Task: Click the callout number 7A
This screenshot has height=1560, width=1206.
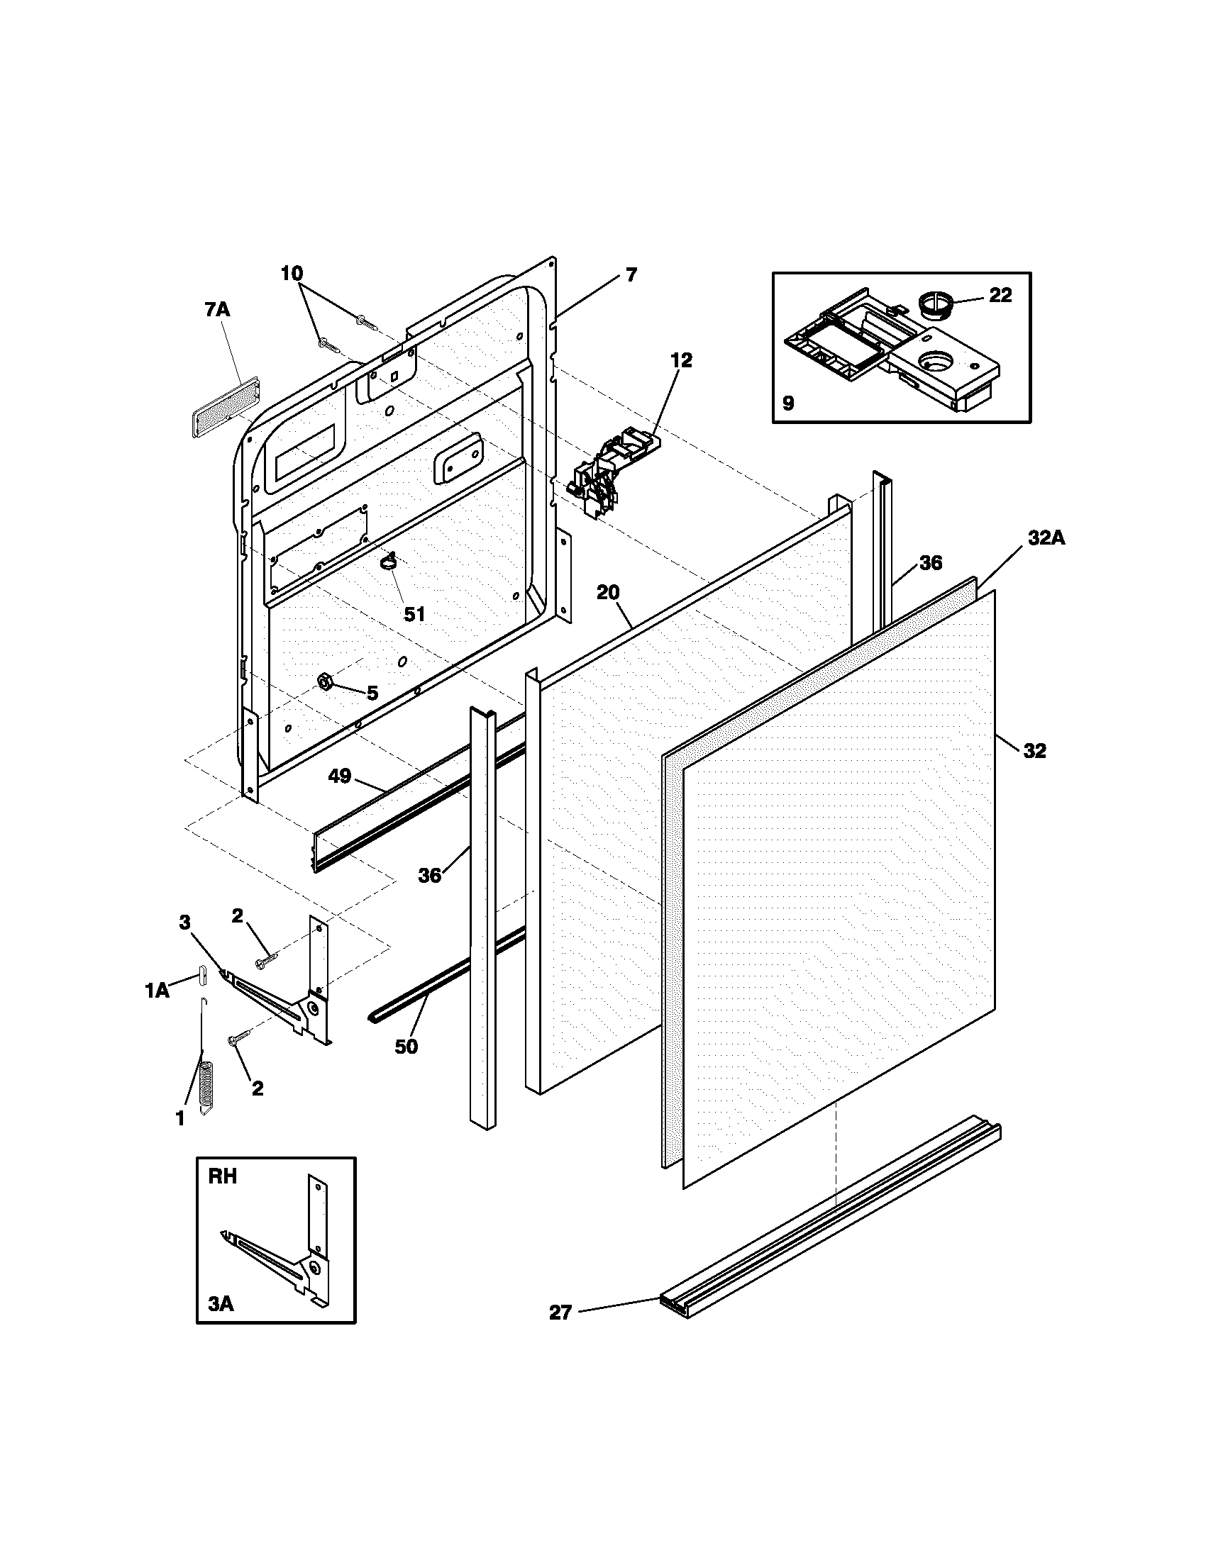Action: [217, 309]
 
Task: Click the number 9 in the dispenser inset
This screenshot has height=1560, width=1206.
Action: [787, 403]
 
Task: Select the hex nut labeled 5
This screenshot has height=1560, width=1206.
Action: [323, 682]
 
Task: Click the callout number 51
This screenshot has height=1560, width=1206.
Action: [414, 613]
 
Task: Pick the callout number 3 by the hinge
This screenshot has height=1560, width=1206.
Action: [184, 922]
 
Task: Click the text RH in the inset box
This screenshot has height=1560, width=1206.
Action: [222, 1176]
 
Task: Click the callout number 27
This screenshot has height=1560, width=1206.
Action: [561, 1312]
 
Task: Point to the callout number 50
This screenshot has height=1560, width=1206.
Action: [406, 1047]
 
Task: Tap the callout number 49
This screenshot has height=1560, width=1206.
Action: [339, 776]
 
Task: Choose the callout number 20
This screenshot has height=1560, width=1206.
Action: [608, 592]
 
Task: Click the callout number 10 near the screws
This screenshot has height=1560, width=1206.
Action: [292, 273]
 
